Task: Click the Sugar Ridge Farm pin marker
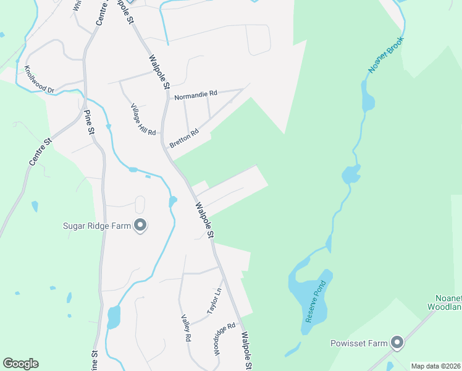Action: pyautogui.click(x=141, y=226)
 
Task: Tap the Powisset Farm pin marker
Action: pyautogui.click(x=397, y=343)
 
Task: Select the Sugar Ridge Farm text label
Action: pyautogui.click(x=98, y=226)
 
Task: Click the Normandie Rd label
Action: pyautogui.click(x=196, y=94)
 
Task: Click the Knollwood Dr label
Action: pyautogui.click(x=40, y=80)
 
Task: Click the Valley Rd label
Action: pyautogui.click(x=185, y=328)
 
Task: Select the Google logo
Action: pyautogui.click(x=20, y=364)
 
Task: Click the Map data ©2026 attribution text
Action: pyautogui.click(x=435, y=366)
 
